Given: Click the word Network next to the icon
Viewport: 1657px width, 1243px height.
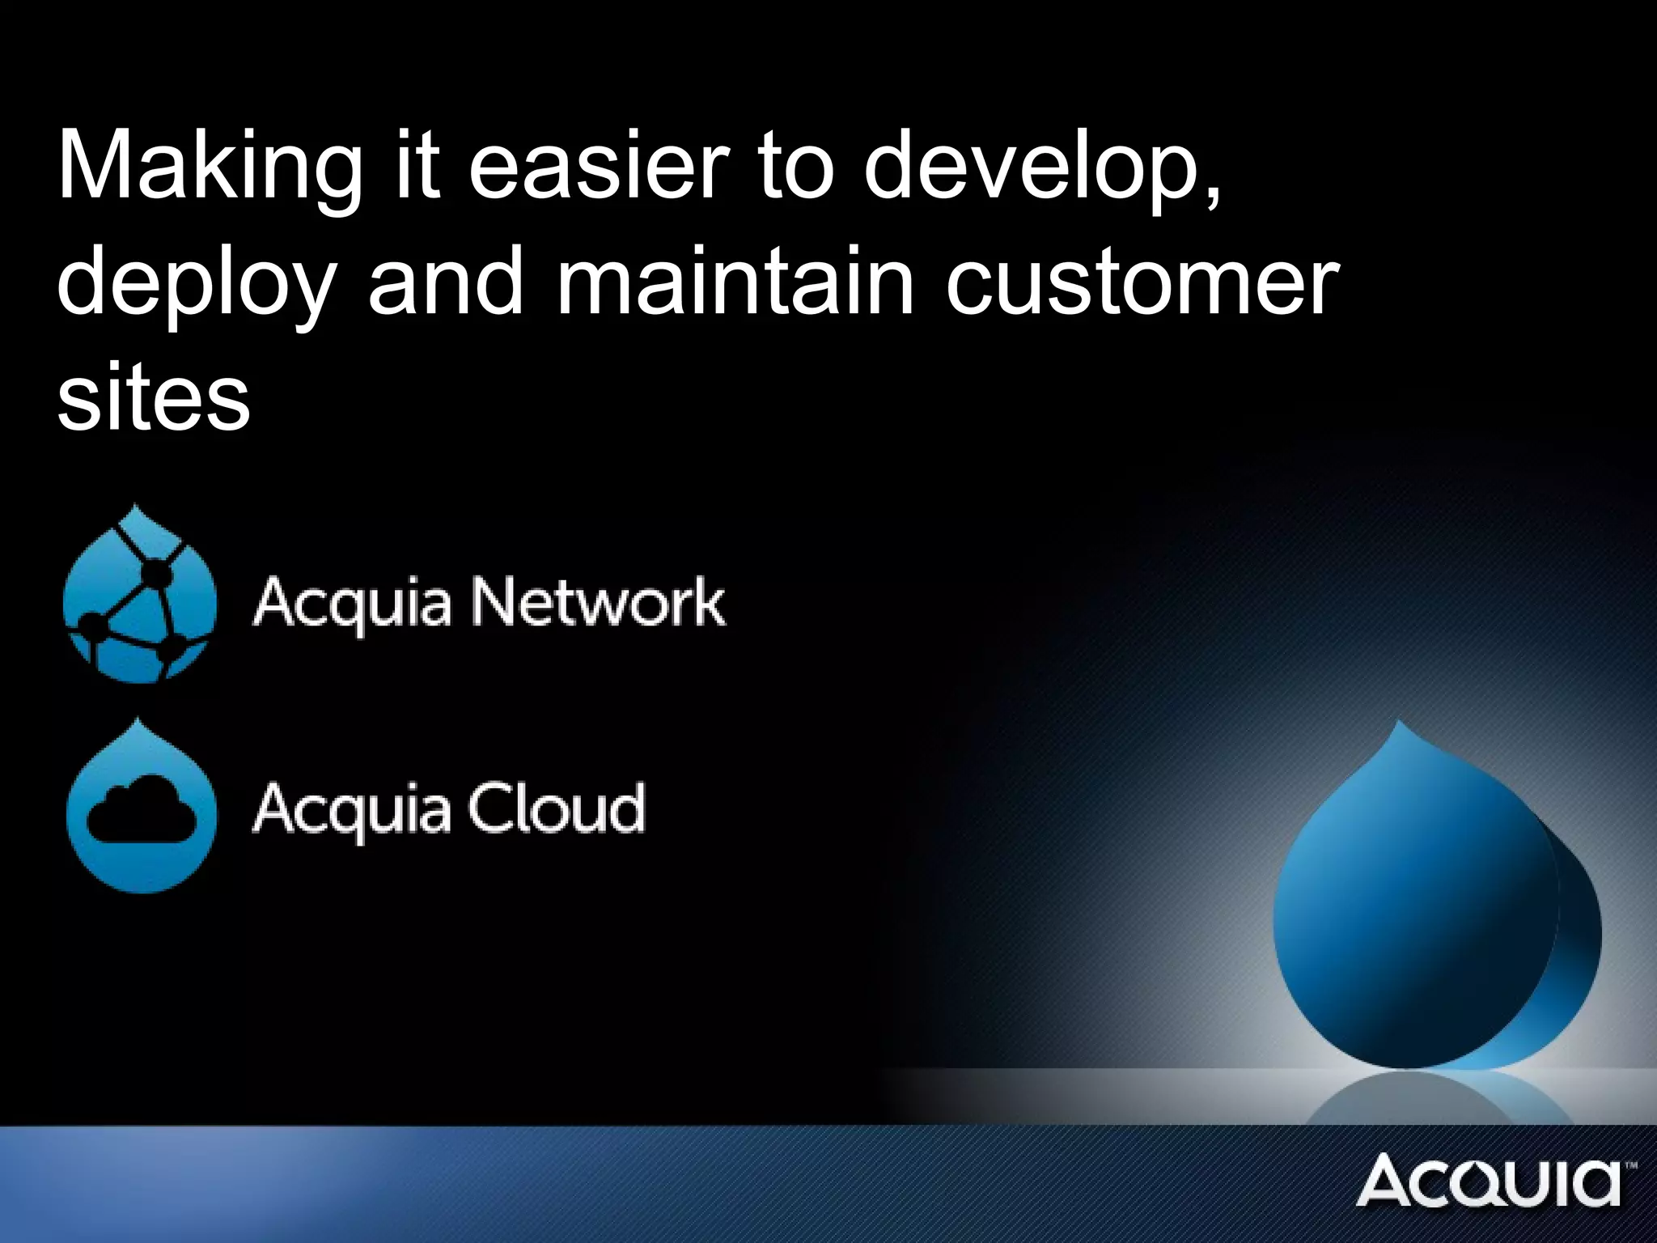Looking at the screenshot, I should [598, 603].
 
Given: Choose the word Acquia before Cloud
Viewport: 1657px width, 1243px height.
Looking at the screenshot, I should [351, 809].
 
